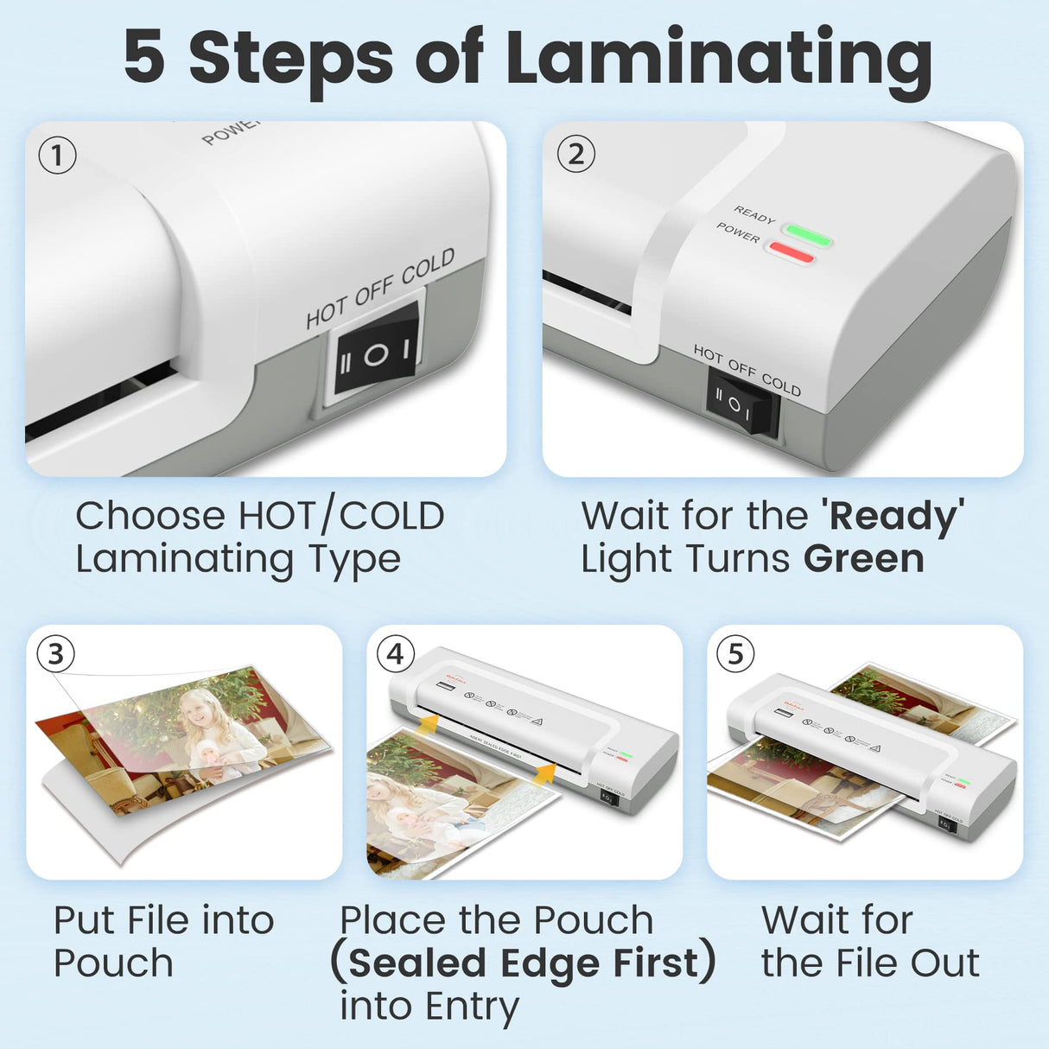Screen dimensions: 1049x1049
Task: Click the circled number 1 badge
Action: click(58, 156)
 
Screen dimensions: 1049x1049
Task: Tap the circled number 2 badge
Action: click(576, 155)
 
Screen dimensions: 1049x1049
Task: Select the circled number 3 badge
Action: click(56, 654)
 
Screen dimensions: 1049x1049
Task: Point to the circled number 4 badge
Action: click(396, 654)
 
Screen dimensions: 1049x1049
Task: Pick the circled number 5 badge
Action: click(735, 654)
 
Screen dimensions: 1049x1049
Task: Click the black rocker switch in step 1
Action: click(375, 354)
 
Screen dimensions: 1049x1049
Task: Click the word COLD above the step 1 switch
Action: click(428, 266)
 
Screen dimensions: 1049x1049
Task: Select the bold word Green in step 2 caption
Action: click(863, 559)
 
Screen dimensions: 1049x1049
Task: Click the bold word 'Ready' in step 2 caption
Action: click(893, 517)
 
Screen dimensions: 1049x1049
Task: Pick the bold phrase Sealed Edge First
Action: click(523, 963)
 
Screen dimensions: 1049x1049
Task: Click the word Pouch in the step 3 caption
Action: click(113, 963)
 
